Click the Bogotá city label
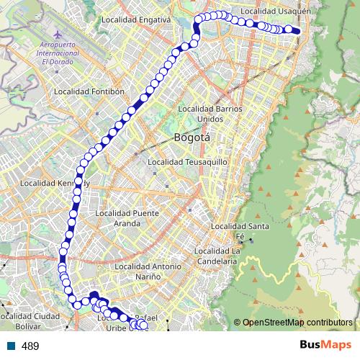190,137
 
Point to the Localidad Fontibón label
89,91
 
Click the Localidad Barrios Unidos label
210,113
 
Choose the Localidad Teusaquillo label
187,162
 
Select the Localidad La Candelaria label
216,256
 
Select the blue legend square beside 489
11,346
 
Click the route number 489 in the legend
30,346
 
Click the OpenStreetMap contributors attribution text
297,323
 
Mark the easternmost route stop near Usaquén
296,30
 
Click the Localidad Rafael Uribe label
130,323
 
